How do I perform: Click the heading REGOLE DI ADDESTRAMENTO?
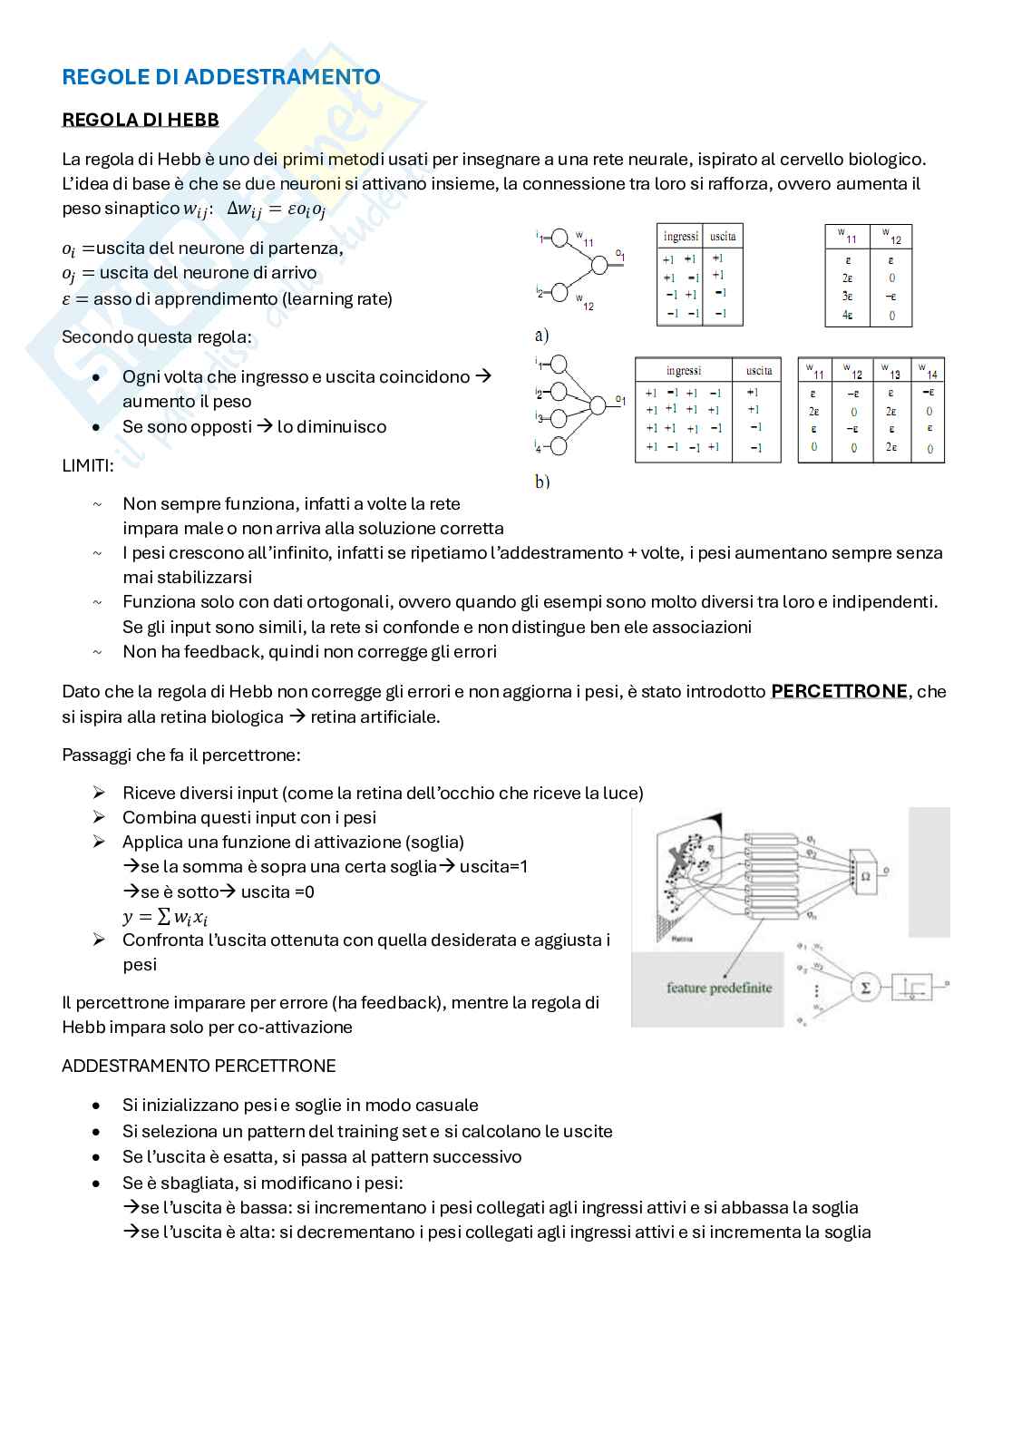[221, 77]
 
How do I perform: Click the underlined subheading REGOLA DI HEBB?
[140, 120]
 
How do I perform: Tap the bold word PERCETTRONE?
[839, 691]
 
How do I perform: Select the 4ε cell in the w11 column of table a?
[847, 316]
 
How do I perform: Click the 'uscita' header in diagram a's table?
[723, 237]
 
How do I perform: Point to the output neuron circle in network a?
[599, 264]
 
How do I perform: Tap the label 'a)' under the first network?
[541, 336]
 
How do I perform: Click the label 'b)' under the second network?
[542, 482]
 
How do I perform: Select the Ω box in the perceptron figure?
[864, 874]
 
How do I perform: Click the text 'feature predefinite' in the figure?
[719, 988]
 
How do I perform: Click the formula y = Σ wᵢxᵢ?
[165, 917]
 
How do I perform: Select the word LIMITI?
[88, 466]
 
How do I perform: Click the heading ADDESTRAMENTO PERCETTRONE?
[199, 1066]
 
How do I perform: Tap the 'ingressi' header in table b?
[683, 370]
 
